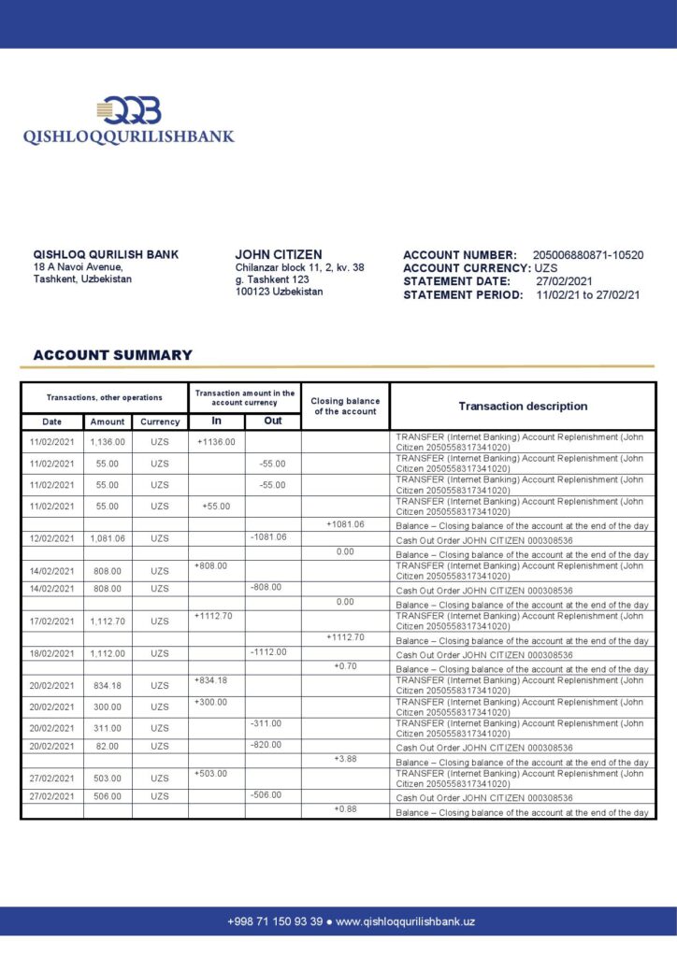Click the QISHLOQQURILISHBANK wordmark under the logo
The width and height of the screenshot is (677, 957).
(x=128, y=136)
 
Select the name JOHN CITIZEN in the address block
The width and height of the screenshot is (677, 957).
(x=279, y=254)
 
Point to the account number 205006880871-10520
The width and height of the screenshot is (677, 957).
(x=587, y=255)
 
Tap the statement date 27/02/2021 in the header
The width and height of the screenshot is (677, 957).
(x=564, y=281)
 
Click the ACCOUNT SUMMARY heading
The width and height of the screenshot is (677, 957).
(x=112, y=355)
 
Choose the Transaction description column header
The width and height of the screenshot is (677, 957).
(x=523, y=407)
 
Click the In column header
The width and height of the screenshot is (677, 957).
(x=216, y=421)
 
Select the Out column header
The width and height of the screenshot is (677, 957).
(x=272, y=421)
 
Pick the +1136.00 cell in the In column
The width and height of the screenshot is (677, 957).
(x=216, y=442)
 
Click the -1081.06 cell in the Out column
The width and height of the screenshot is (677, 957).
(x=268, y=537)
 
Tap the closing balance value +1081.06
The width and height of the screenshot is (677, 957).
(x=345, y=524)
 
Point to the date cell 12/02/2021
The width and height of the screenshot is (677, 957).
(x=51, y=538)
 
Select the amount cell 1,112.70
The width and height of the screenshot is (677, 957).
(x=108, y=621)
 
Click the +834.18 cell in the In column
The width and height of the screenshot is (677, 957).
(x=211, y=680)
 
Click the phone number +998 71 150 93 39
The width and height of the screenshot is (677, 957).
(x=275, y=921)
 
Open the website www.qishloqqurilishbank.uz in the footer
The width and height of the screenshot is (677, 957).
(x=405, y=921)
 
